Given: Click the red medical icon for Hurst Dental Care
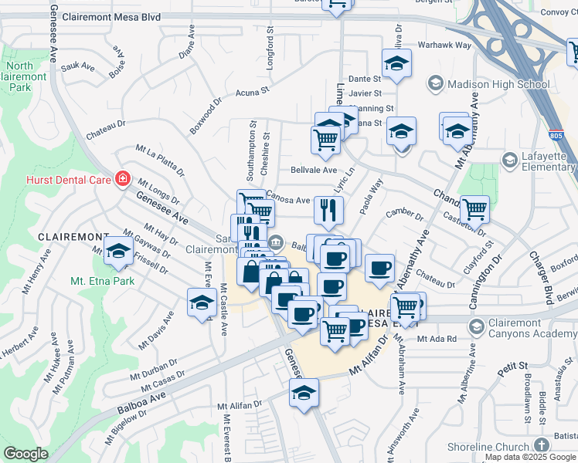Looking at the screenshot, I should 122,180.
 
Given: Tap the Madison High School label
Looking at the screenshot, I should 488,84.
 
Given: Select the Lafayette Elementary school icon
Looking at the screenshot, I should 509,160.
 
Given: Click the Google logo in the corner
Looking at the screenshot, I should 25,454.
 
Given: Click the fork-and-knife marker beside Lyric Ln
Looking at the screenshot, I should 328,210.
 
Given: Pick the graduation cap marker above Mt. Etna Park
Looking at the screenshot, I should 117,251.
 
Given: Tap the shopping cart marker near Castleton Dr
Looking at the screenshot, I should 474,208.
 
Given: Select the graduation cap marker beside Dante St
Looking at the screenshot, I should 396,63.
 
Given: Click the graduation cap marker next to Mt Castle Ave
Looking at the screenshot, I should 201,302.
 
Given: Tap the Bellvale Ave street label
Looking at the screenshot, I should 314,170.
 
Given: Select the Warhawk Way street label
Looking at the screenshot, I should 444,46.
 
